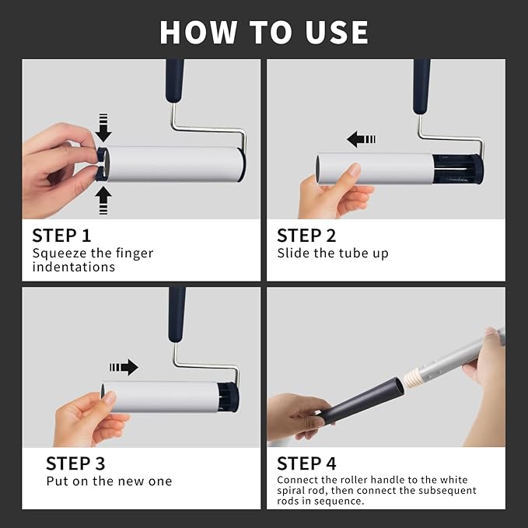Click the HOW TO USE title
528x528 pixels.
click(x=264, y=32)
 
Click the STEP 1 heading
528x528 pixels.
click(x=68, y=236)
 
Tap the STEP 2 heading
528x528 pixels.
click(x=306, y=236)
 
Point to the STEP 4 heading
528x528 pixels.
click(x=306, y=463)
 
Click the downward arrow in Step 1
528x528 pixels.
click(x=103, y=128)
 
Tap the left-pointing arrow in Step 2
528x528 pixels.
click(x=361, y=139)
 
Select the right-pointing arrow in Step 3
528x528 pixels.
click(x=124, y=367)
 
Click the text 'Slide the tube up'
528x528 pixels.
click(x=333, y=254)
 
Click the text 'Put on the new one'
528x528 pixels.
click(x=109, y=481)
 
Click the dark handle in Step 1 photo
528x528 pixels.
click(x=175, y=79)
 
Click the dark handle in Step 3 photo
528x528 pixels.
click(x=177, y=313)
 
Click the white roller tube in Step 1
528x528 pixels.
click(x=175, y=164)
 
